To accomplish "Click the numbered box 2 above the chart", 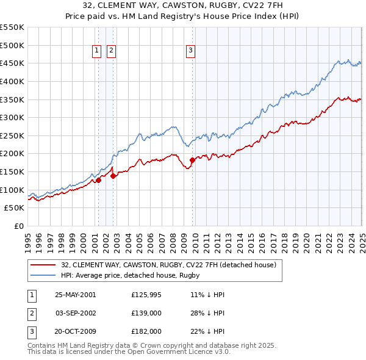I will [111, 51].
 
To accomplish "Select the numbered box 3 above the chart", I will [190, 51].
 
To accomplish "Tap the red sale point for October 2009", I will [192, 160].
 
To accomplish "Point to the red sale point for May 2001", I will [98, 180].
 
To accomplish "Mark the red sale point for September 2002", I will [113, 176].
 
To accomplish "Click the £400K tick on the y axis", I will [12, 81].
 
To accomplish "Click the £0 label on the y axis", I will [18, 226].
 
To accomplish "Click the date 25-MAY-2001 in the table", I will [76, 295].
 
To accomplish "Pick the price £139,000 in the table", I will [146, 313].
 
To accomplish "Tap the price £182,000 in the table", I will [146, 331].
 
